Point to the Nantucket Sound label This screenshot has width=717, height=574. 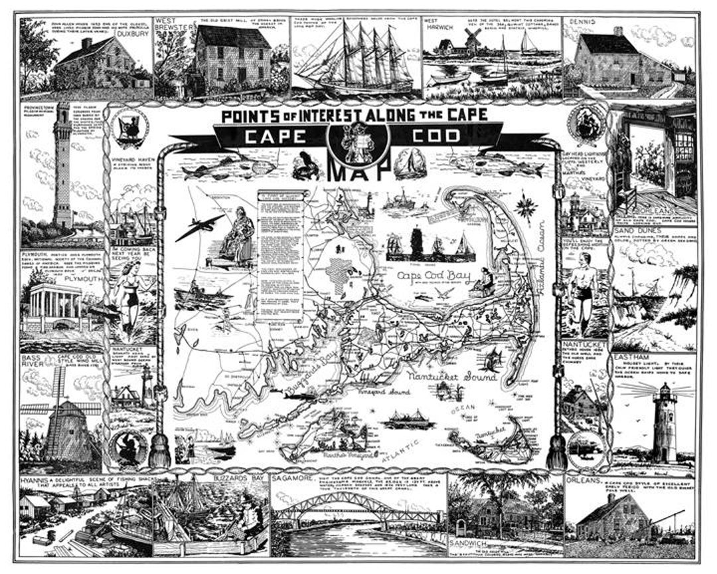452,377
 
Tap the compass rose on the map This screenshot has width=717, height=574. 526,205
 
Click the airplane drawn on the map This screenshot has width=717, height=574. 200,226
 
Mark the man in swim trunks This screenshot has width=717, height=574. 584,289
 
